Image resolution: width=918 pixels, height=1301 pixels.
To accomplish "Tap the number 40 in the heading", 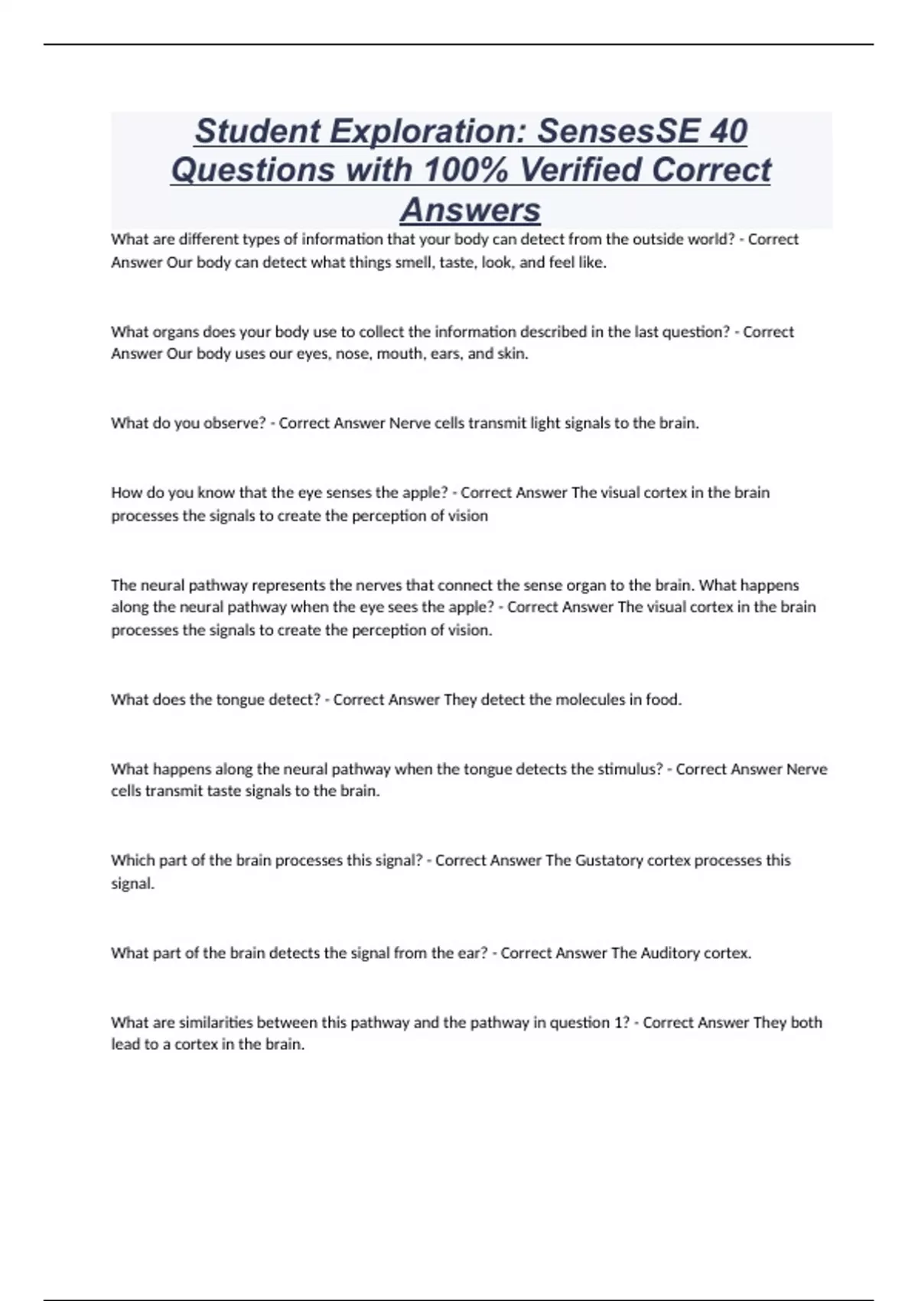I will point(728,131).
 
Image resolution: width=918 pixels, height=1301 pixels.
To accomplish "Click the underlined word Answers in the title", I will point(470,210).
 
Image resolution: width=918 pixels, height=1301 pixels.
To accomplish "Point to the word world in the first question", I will point(712,240).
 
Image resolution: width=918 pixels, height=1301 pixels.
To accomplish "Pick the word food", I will point(662,699).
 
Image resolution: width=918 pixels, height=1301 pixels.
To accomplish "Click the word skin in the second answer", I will point(512,354).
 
